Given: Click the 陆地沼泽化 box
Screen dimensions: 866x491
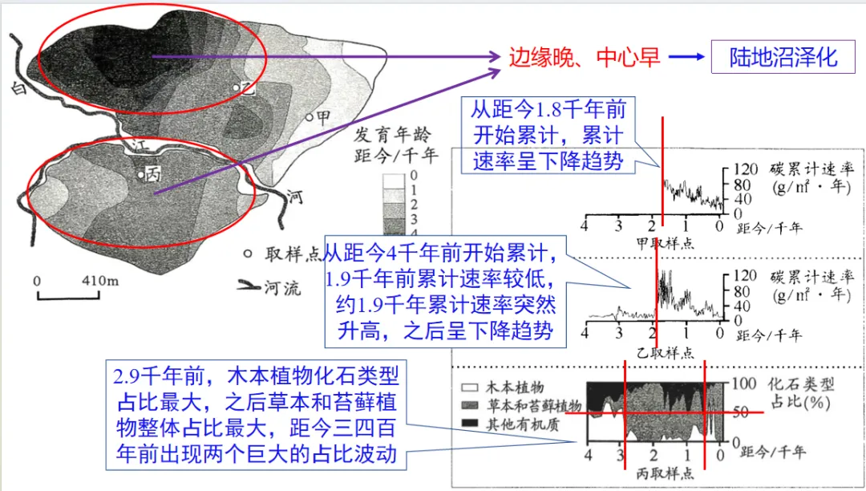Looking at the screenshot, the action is point(783,57).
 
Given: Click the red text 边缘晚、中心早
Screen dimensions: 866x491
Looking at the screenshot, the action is point(585,57).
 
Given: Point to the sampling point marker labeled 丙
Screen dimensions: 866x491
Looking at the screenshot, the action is point(140,173).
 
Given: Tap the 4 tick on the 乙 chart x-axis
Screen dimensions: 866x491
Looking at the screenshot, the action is point(585,333).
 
